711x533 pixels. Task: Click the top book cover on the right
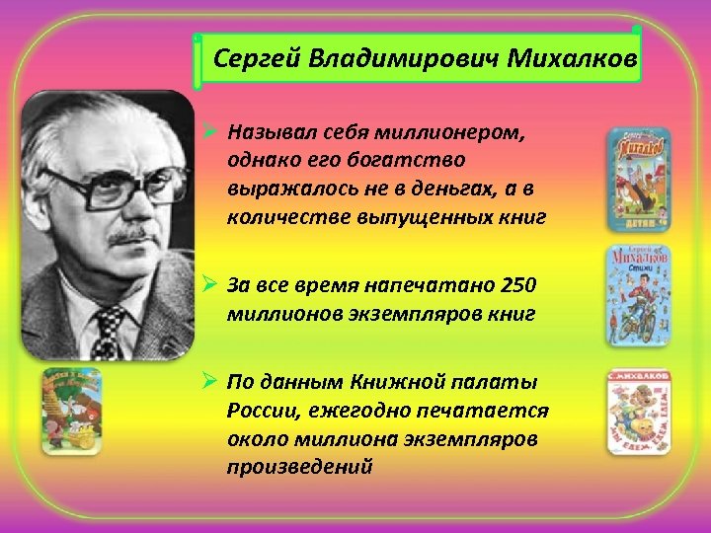point(638,178)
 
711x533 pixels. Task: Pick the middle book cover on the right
point(638,295)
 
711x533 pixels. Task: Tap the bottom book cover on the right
point(638,412)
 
